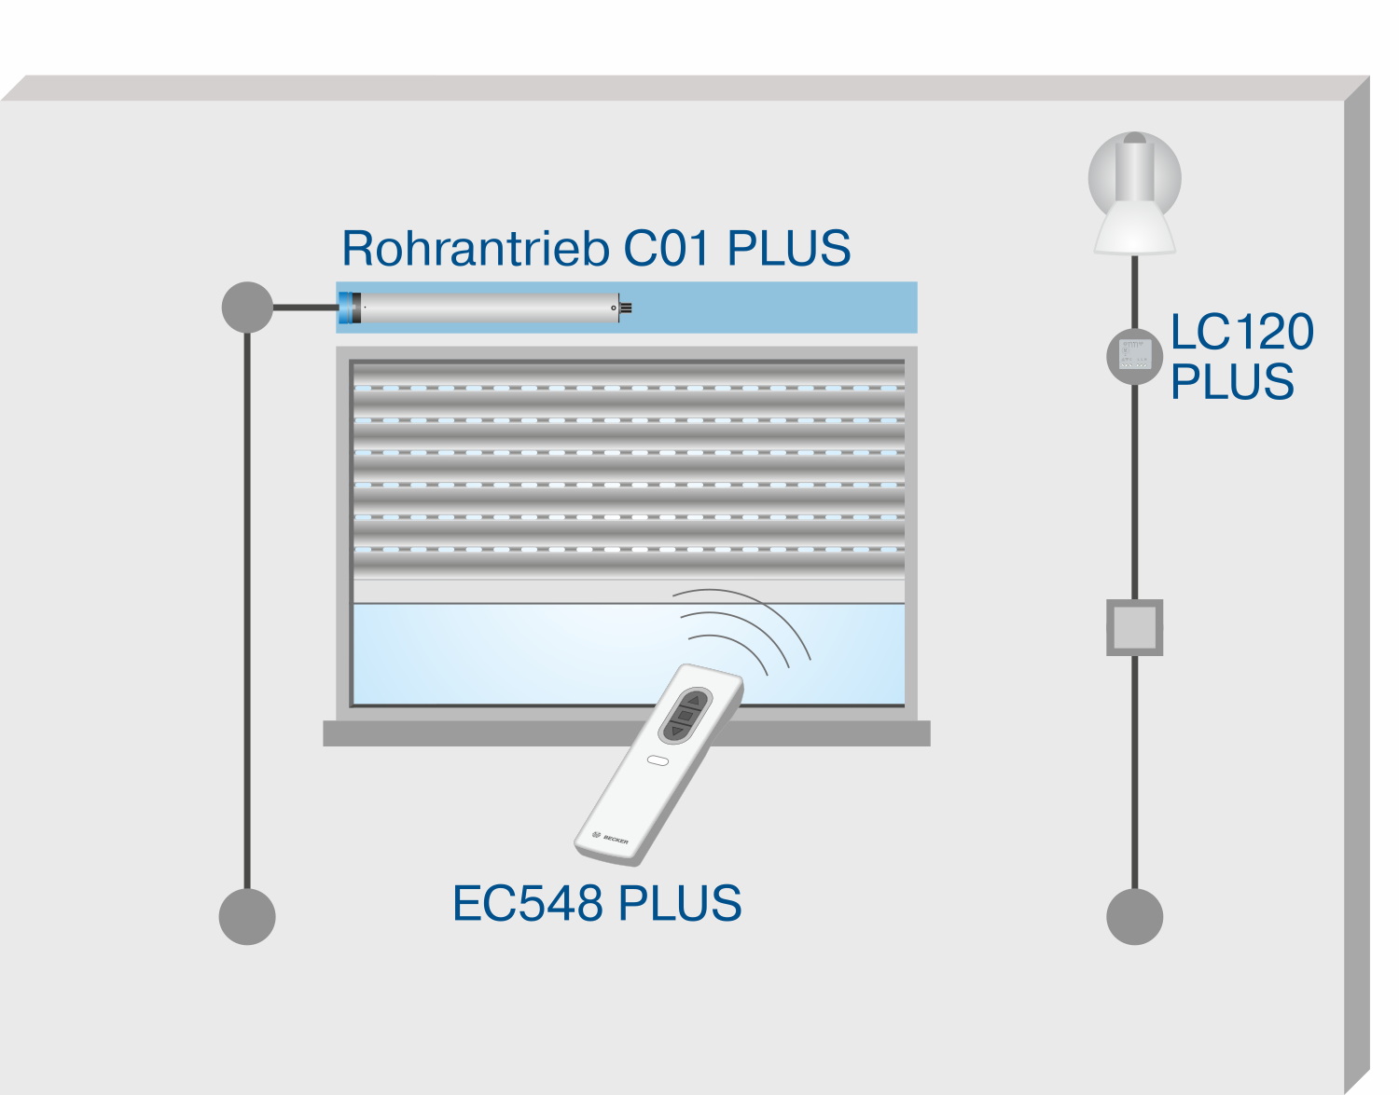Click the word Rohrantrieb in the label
pos(476,249)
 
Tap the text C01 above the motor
pos(670,249)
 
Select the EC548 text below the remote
pos(527,904)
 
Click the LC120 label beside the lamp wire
pos(1241,333)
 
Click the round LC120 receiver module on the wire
pos(1134,355)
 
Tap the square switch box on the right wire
pos(1134,627)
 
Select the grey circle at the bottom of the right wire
pos(1134,916)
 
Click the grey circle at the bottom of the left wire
pos(247,916)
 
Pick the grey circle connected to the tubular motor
pos(247,307)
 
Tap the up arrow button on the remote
pos(694,699)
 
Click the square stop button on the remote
pos(686,715)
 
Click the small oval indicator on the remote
pos(658,760)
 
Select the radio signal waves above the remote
pos(746,629)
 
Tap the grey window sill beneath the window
pos(626,733)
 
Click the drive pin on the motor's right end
pos(625,308)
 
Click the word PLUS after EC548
pos(680,904)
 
